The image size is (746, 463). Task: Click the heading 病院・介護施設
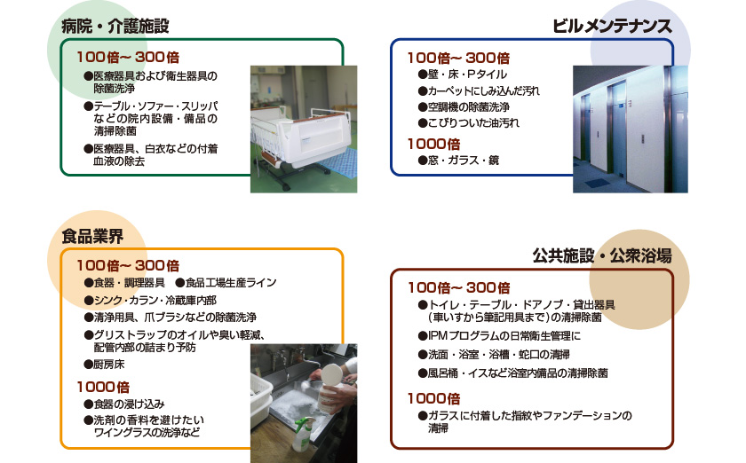click(115, 26)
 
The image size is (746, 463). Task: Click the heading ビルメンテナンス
click(612, 26)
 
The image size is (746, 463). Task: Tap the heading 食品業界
click(92, 236)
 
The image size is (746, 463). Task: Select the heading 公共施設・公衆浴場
click(602, 255)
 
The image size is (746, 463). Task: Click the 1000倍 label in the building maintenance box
click(434, 144)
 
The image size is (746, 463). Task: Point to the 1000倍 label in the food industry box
click(103, 387)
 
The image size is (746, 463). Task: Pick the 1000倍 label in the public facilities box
click(434, 398)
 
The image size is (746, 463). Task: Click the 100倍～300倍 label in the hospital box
click(128, 58)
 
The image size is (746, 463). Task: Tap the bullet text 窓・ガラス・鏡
click(458, 161)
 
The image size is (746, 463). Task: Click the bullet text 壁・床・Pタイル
click(463, 75)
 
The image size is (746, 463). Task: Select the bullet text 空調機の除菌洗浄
click(464, 107)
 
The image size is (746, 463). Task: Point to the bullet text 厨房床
click(104, 365)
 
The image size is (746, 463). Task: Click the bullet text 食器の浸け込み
click(124, 404)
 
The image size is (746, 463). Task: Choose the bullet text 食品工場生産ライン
click(226, 283)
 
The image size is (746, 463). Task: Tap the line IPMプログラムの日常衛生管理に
click(499, 336)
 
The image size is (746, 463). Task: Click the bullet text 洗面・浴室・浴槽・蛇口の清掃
click(494, 355)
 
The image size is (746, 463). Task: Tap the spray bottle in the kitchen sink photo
click(304, 434)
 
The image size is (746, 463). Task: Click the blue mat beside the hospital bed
click(337, 162)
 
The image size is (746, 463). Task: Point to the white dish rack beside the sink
click(261, 399)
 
